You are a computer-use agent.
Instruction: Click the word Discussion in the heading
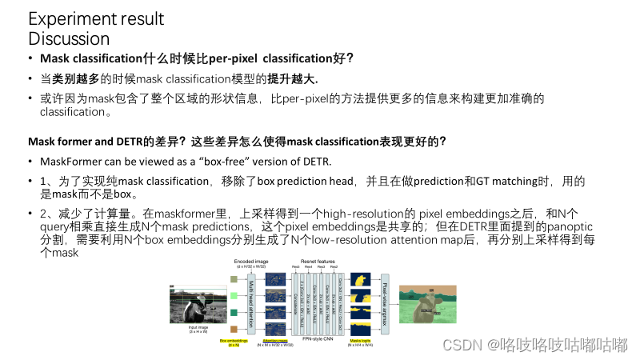pos(69,38)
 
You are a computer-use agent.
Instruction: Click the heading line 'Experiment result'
pos(96,18)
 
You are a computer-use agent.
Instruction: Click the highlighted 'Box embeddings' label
pos(234,341)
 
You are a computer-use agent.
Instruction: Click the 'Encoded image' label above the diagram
pos(249,262)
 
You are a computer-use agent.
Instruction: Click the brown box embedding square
pos(233,329)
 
